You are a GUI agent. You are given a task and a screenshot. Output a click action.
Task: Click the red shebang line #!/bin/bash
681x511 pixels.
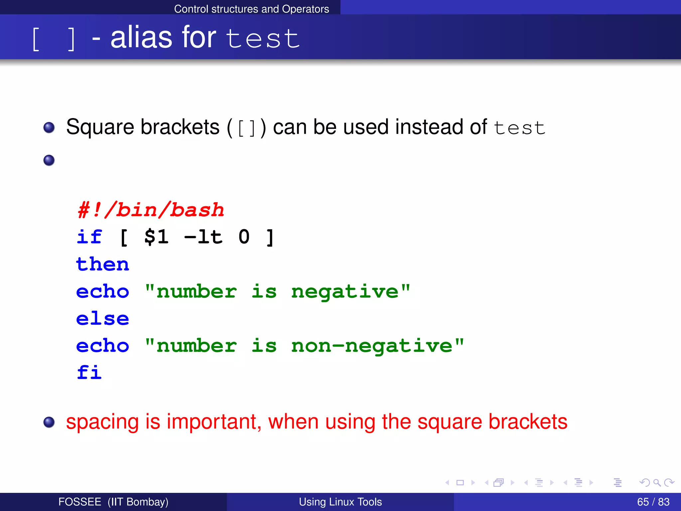tap(151, 210)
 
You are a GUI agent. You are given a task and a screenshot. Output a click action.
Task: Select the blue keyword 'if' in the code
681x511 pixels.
tap(89, 237)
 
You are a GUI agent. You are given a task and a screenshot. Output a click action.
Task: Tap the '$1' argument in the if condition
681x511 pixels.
tap(156, 237)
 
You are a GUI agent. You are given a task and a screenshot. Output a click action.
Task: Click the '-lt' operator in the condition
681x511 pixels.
tap(203, 237)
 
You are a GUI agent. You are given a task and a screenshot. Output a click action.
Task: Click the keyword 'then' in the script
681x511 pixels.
tap(102, 264)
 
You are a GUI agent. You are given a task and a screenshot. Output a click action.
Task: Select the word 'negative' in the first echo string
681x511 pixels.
tap(345, 292)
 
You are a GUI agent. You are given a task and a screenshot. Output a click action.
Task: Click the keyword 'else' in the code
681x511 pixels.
tap(102, 319)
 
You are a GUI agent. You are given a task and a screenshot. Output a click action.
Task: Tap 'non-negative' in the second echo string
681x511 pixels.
tap(372, 346)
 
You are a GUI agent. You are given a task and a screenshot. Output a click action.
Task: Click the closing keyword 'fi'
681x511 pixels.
tap(89, 372)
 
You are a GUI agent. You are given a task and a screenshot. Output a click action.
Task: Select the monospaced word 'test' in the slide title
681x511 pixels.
tap(263, 39)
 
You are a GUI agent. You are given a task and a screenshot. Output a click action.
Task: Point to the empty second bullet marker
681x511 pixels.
tap(49, 160)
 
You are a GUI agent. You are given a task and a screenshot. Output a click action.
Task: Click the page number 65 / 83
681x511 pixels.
tap(653, 502)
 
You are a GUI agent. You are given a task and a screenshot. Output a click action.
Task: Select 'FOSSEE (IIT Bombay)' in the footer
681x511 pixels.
tap(113, 502)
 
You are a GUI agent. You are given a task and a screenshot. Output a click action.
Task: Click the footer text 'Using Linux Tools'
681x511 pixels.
tap(340, 502)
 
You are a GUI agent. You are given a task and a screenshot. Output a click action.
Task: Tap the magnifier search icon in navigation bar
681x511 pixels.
tap(657, 482)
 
